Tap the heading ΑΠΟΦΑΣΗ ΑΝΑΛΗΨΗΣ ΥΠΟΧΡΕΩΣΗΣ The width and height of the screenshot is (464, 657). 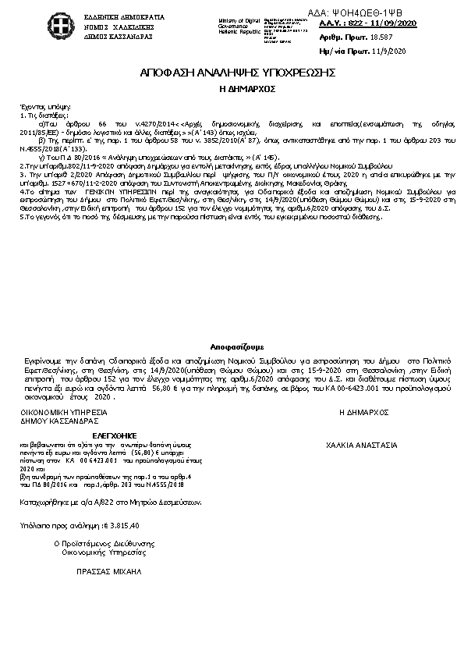pyautogui.click(x=237, y=73)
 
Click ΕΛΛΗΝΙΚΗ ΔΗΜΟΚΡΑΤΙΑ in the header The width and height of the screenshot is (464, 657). pyautogui.click(x=115, y=16)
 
